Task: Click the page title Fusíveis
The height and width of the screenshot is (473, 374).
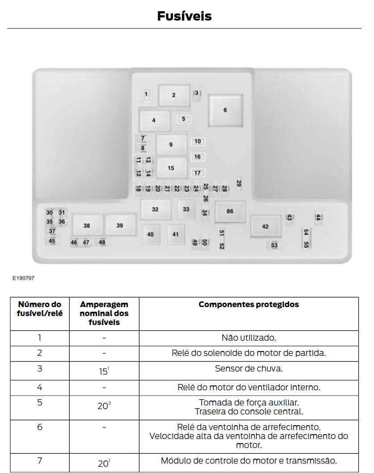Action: coord(184,17)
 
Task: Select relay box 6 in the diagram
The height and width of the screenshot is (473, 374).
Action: coord(225,110)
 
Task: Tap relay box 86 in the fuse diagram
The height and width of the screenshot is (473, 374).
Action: coord(230,211)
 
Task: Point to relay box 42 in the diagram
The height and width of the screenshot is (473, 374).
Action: coord(265,227)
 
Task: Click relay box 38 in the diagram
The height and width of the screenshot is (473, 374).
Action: coord(87,226)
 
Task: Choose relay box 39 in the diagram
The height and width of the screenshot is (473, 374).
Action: coord(120,225)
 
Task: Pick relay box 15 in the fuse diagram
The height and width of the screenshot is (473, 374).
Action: coord(171,168)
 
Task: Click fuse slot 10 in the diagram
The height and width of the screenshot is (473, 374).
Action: coord(198,141)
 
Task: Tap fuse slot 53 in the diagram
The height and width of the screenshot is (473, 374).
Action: coord(274,245)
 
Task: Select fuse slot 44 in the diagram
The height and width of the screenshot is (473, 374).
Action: coord(318,217)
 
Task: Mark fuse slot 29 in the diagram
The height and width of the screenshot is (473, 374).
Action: coord(239,183)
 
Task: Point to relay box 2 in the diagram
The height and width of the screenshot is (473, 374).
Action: coord(174,95)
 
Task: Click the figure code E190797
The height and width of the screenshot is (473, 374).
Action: coord(23,278)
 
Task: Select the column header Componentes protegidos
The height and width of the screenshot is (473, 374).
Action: coord(248,305)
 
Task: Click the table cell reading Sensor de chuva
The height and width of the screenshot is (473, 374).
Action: coord(248,369)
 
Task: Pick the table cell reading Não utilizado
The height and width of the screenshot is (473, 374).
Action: coord(248,338)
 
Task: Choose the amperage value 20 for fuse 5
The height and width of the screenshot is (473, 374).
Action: coord(104,406)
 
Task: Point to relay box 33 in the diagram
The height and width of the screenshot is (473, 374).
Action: coord(186,209)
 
